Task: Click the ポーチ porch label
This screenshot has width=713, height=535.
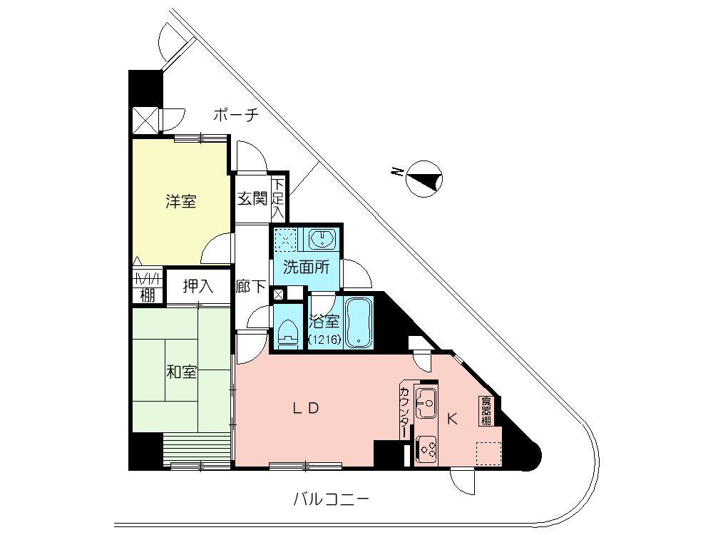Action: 235,114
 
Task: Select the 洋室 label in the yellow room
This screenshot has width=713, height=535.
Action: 181,201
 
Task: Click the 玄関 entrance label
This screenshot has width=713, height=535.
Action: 252,198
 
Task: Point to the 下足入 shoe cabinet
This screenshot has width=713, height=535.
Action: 277,198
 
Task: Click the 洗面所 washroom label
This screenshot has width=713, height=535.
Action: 306,268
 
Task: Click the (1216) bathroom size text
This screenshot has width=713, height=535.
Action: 324,340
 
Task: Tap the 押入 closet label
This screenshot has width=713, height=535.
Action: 198,286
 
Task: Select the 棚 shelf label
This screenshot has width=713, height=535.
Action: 147,295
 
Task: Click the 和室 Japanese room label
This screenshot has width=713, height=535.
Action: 183,372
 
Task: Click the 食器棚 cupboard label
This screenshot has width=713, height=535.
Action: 486,412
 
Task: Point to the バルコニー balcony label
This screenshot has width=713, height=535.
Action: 332,499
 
